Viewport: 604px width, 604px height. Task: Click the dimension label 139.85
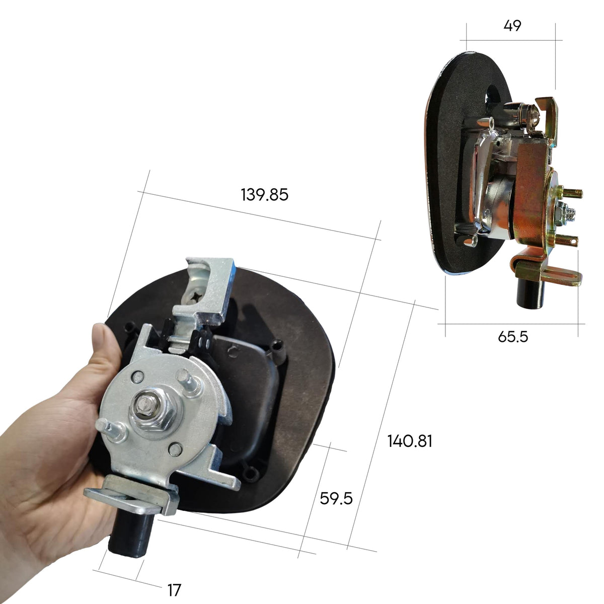[264, 195]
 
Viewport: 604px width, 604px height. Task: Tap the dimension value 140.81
[410, 441]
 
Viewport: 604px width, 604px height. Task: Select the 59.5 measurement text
[336, 498]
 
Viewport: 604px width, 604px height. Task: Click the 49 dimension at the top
[512, 26]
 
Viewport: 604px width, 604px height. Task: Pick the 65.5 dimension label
[513, 337]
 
